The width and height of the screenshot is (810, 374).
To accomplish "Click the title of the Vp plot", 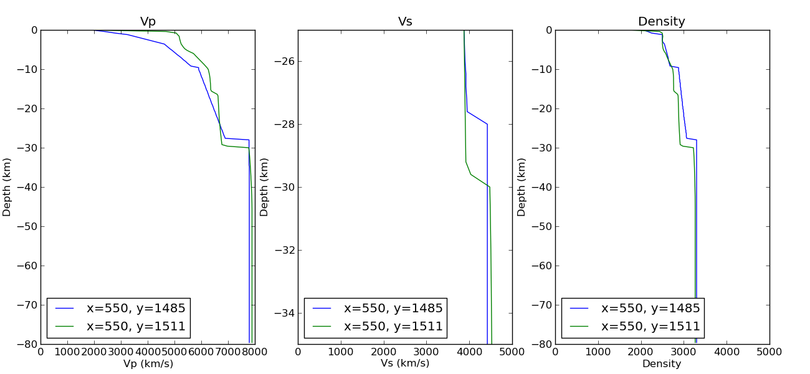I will coord(148,22).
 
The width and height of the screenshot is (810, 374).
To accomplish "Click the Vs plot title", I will coord(405,22).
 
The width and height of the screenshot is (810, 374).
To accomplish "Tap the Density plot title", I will coord(662,22).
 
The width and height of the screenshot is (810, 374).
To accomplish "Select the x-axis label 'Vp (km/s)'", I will coord(148,363).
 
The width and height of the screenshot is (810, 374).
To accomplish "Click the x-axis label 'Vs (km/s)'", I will coord(405,363).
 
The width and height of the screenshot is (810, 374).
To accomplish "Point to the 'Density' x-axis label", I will coord(662,363).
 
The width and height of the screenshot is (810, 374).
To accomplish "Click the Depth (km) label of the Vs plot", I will coord(264,187).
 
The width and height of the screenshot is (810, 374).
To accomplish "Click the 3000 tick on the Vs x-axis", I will coord(427,352).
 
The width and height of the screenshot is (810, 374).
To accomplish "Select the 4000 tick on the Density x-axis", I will coord(727,352).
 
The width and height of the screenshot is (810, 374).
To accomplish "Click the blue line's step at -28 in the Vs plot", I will coord(487,124).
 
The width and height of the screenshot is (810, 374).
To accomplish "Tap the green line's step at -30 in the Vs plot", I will coord(490,187).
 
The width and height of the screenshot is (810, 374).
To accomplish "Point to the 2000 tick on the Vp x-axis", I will coord(94,352).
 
